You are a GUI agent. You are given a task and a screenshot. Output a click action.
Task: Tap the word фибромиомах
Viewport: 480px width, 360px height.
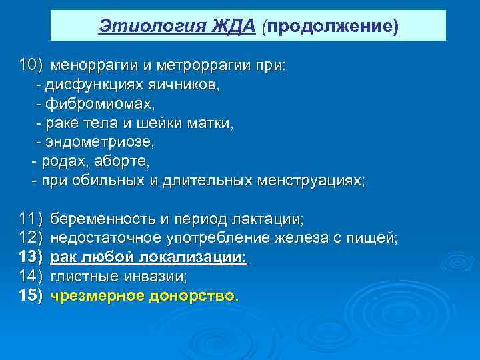(x=99, y=105)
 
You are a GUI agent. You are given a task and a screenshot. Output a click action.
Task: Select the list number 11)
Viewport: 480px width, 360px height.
(x=31, y=219)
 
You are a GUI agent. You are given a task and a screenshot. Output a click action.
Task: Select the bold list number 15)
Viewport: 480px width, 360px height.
(x=31, y=295)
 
